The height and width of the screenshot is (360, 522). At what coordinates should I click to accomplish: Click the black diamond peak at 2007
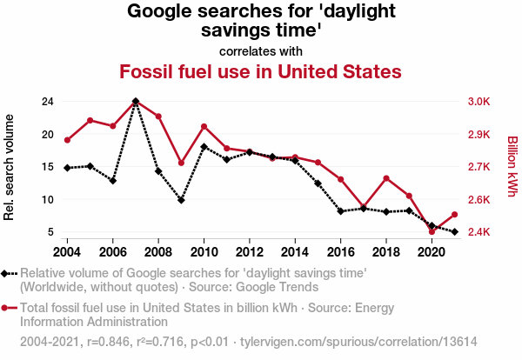[x=136, y=102]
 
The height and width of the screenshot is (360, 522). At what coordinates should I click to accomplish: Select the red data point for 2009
[x=181, y=163]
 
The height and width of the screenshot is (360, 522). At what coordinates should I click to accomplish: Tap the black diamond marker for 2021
[x=453, y=231]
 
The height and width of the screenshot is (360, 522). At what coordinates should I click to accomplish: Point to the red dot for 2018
[x=385, y=178]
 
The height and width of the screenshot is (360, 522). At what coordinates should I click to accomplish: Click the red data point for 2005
[x=90, y=120]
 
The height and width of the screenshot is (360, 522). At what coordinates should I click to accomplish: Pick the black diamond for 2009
[x=181, y=200]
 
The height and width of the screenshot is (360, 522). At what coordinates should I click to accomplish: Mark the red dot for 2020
[x=432, y=232]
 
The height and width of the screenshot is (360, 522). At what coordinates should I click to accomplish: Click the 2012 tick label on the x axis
[x=249, y=252]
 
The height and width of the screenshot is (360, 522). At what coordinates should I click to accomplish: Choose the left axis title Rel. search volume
[x=10, y=166]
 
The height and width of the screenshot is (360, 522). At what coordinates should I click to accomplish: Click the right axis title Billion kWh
[x=512, y=166]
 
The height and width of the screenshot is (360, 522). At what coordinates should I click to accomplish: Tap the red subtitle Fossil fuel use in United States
[x=260, y=71]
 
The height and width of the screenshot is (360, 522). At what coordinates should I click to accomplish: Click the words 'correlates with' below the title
[x=260, y=50]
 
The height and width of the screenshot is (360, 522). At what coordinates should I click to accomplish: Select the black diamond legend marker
[x=7, y=273]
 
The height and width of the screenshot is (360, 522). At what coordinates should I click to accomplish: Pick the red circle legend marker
[x=7, y=308]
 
